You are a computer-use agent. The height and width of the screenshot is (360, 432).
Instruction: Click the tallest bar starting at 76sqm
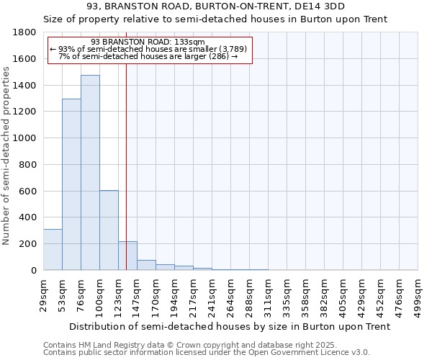click(90, 173)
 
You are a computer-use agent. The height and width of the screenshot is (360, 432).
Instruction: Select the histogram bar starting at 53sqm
click(71, 184)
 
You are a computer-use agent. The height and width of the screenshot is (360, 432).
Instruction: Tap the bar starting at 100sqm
click(109, 230)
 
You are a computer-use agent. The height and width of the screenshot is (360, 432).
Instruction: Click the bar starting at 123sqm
click(127, 256)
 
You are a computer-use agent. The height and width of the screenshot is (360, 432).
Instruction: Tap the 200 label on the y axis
click(29, 244)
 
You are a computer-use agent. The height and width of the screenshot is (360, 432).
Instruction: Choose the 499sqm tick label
click(418, 296)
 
